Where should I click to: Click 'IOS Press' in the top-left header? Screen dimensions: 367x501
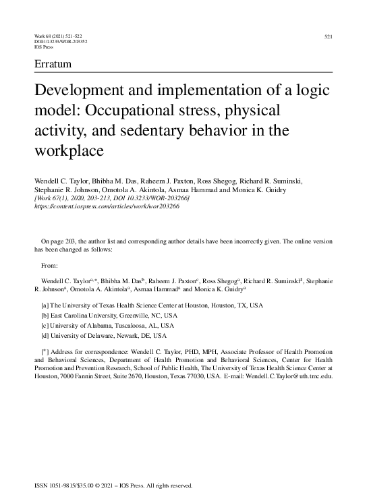pos(44,47)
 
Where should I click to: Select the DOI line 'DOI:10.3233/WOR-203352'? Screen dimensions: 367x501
pos(60,41)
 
